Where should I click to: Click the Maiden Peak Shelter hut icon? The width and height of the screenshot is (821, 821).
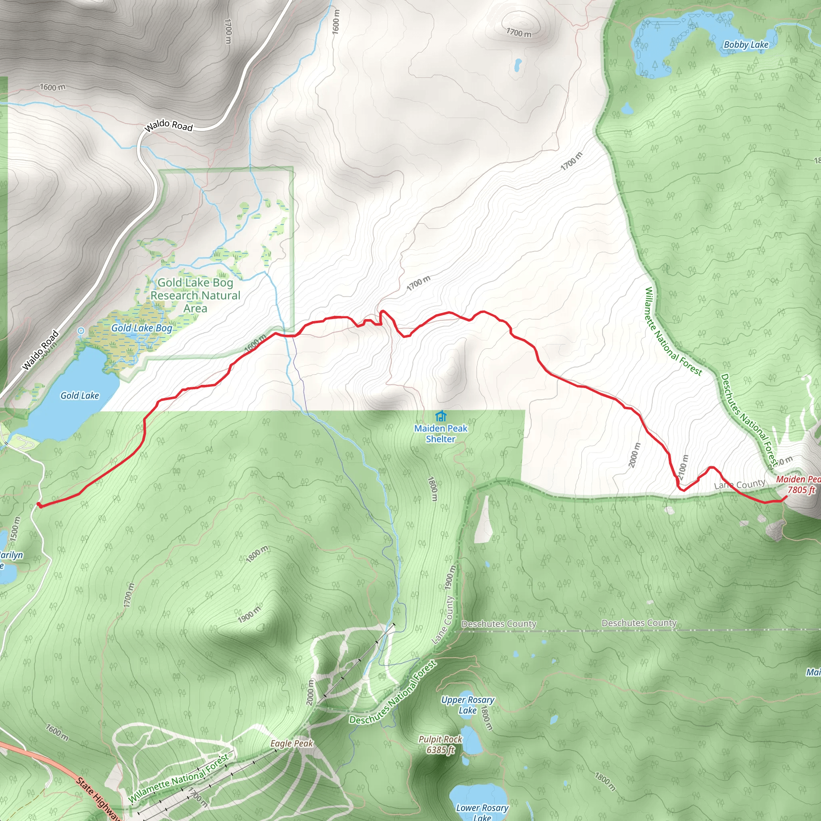(x=441, y=416)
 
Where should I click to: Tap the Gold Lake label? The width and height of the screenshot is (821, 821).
(x=79, y=396)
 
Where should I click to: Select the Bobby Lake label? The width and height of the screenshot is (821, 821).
(x=746, y=44)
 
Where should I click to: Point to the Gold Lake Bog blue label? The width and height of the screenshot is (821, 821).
(x=142, y=328)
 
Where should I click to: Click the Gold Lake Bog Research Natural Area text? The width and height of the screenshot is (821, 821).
(x=196, y=295)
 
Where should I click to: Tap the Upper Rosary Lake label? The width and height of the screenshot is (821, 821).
(x=467, y=705)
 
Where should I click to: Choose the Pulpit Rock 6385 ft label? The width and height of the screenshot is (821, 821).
(x=440, y=744)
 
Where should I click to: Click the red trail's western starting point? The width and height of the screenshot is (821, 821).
(x=38, y=504)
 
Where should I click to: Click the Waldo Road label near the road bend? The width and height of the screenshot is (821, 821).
(x=169, y=126)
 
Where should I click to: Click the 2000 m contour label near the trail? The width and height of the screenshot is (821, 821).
(x=634, y=455)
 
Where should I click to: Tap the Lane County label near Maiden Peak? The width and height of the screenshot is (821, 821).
(x=739, y=484)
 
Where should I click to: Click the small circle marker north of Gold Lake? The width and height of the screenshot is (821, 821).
(x=81, y=331)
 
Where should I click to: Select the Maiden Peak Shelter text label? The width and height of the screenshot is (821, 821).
(x=441, y=433)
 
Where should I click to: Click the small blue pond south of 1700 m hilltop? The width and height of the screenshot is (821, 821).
(x=518, y=65)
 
